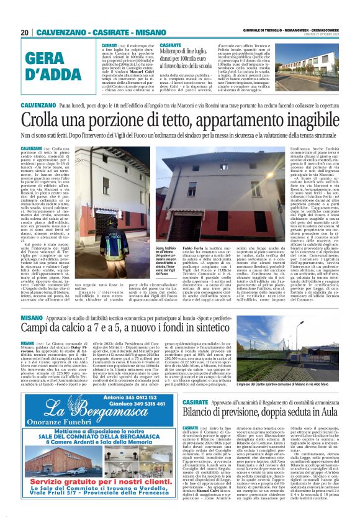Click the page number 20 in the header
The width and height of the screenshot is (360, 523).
click(x=25, y=32)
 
